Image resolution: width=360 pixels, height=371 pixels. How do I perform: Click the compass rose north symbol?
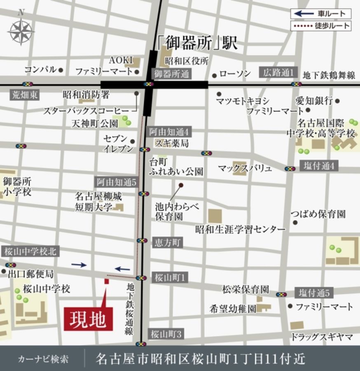point(21,31)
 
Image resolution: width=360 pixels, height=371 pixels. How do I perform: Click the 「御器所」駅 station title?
point(197,42)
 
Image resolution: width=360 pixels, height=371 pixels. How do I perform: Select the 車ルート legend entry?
point(321,14)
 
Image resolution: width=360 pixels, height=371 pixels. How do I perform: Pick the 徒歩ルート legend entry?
point(321,26)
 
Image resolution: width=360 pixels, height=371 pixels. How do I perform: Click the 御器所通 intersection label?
point(171,74)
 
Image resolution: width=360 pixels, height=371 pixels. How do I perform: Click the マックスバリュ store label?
point(245,168)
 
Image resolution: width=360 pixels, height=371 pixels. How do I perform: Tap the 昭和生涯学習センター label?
point(240,229)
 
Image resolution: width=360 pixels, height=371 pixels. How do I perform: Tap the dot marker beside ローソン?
point(214,75)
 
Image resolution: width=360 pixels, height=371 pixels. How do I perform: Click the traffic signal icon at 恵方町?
point(142,241)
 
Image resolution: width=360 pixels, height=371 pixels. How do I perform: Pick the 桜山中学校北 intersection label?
point(30,251)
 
